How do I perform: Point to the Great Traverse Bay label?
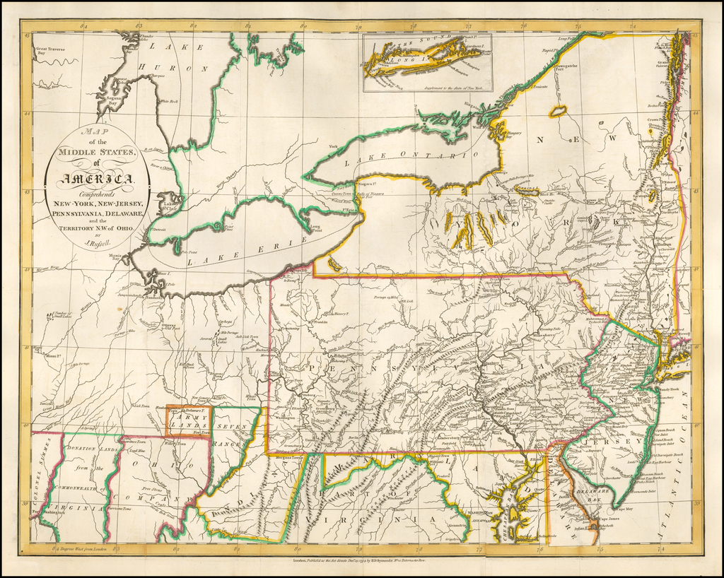click(50, 51)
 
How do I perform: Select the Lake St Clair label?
click(168, 207)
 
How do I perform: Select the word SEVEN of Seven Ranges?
click(230, 427)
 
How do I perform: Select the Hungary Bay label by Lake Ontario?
click(514, 134)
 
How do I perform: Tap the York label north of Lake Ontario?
click(333, 147)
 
